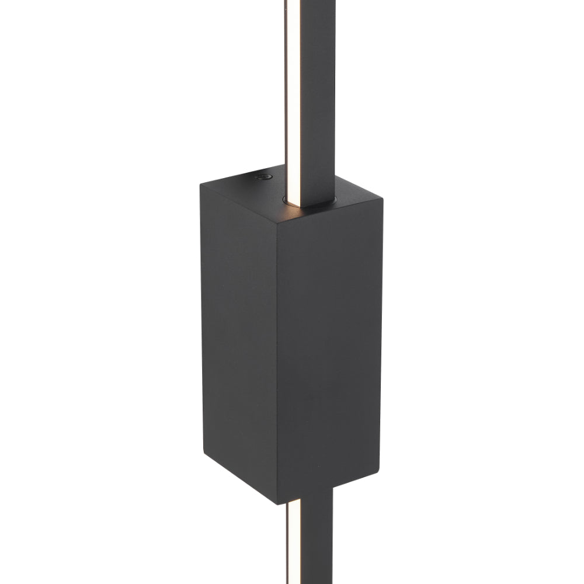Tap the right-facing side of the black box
click(x=333, y=350)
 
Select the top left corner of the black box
click(x=200, y=185)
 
